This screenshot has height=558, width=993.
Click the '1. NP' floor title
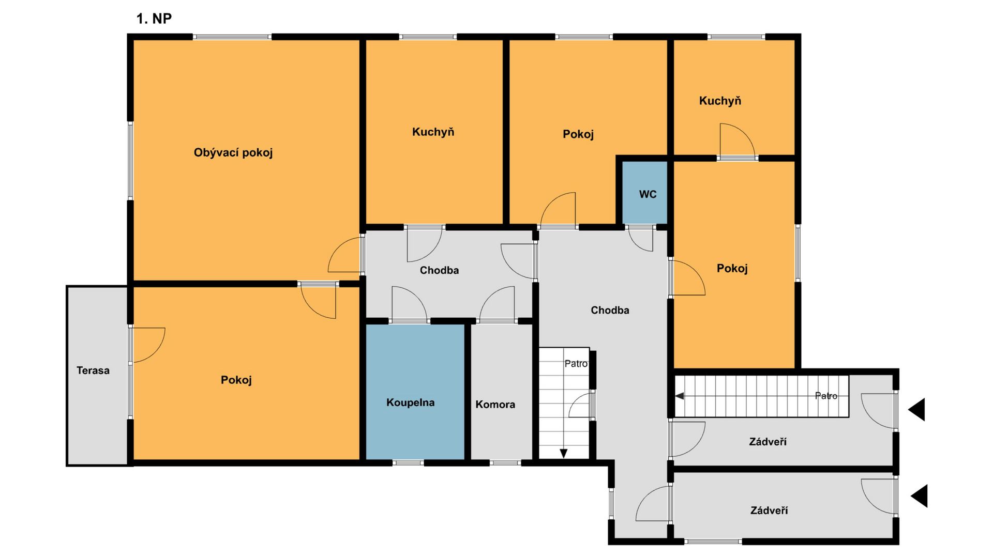click(154, 19)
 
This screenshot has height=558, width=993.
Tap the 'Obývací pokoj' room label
click(233, 152)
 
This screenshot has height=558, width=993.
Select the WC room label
click(648, 194)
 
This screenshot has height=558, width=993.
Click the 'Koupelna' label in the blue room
click(410, 402)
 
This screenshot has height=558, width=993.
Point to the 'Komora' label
click(495, 405)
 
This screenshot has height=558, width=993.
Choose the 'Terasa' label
click(93, 370)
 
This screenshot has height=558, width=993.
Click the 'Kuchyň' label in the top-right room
click(720, 101)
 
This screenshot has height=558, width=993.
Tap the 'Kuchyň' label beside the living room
click(433, 132)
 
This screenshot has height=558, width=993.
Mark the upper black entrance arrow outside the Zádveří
click(916, 410)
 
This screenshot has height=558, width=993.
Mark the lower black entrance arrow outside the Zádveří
click(919, 496)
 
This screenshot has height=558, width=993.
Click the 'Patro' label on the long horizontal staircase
click(826, 396)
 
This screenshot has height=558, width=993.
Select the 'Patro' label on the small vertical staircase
click(576, 364)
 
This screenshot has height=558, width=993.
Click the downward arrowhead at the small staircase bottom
click(564, 454)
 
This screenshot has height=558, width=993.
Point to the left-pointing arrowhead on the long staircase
click(680, 396)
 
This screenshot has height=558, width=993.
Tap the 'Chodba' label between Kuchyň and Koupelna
click(439, 270)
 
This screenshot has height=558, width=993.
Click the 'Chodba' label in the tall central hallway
click(610, 310)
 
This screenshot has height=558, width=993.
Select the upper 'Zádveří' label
click(768, 442)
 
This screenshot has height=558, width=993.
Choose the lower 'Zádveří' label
click(769, 510)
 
